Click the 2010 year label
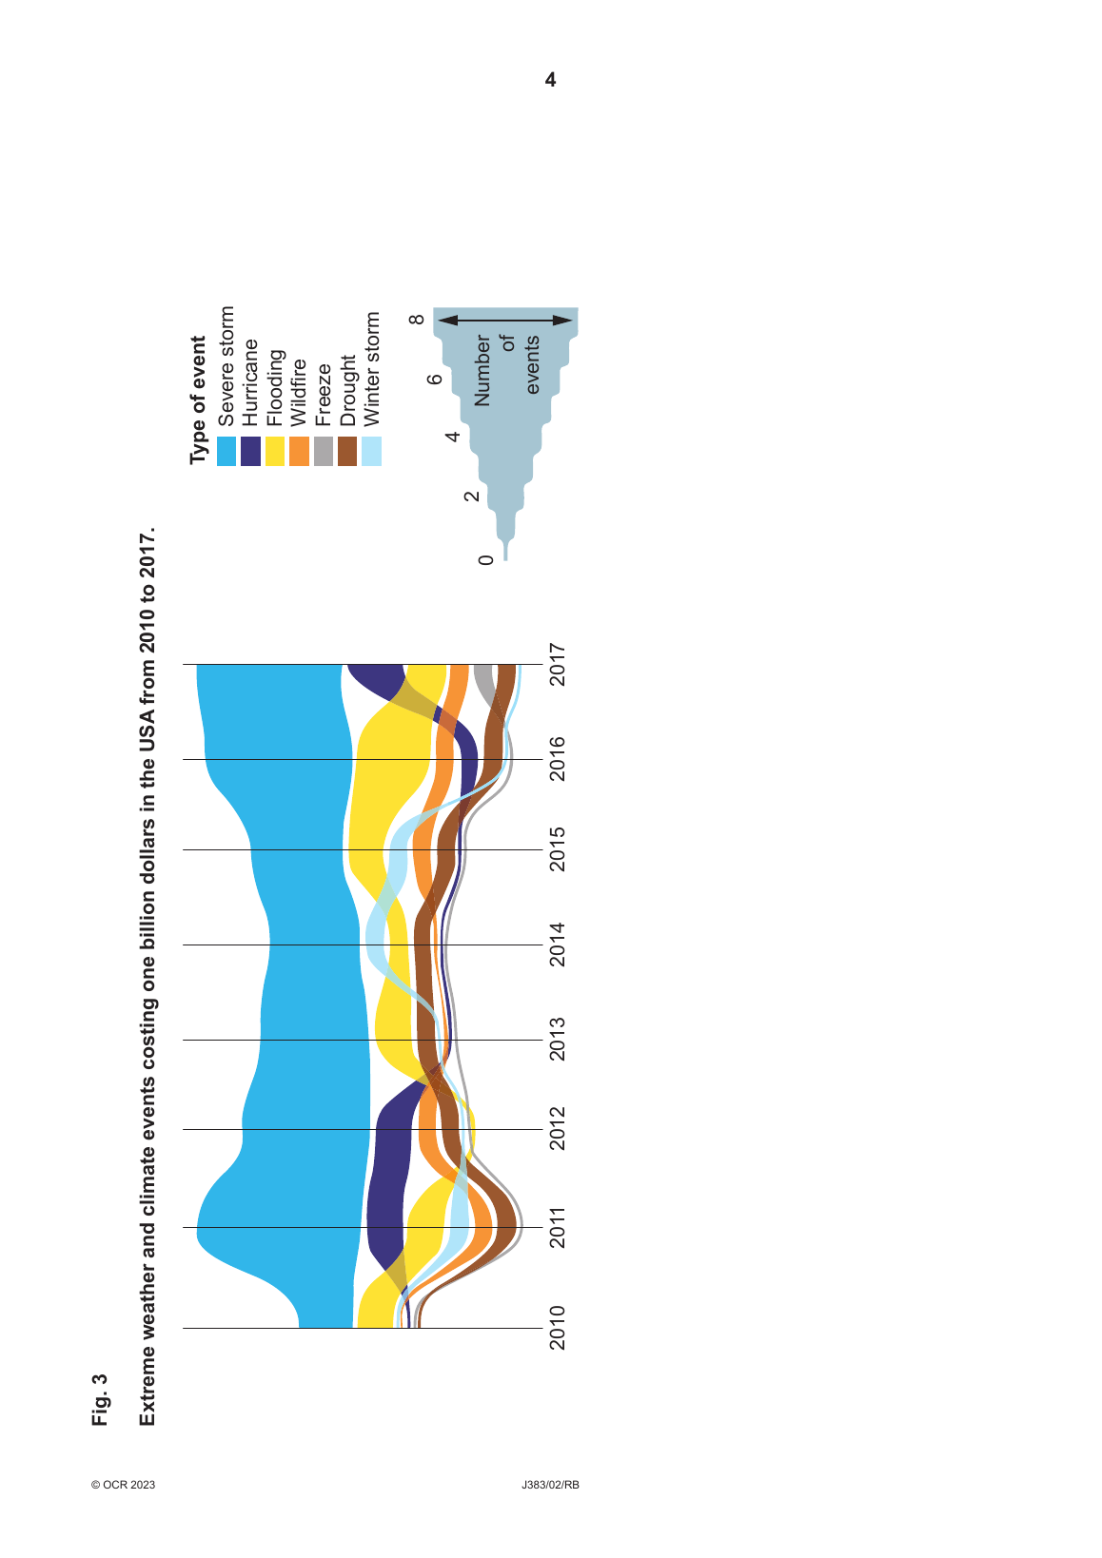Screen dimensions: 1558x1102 (x=558, y=1327)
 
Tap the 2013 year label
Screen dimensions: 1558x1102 (x=558, y=1039)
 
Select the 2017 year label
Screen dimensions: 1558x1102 (x=558, y=665)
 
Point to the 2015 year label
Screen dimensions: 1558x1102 (x=558, y=848)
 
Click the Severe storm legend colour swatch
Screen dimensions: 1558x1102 (x=226, y=451)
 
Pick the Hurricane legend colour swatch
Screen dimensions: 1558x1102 (x=250, y=451)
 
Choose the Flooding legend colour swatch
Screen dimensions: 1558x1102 (x=275, y=451)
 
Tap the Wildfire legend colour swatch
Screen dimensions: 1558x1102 (x=299, y=451)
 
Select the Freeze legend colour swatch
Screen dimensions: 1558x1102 (x=324, y=451)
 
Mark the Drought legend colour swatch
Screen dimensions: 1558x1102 (x=347, y=451)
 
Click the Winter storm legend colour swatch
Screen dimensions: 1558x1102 (x=372, y=451)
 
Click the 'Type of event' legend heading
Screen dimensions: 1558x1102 (x=198, y=399)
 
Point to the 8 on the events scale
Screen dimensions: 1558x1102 (x=417, y=320)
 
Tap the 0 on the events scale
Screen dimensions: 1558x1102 (x=486, y=559)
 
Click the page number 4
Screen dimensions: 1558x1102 (x=550, y=80)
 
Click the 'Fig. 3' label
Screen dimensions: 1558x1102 (x=101, y=1399)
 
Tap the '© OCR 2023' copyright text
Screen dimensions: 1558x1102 (x=123, y=1485)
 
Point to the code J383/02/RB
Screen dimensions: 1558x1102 (x=550, y=1485)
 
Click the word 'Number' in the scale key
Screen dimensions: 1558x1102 (x=482, y=370)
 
